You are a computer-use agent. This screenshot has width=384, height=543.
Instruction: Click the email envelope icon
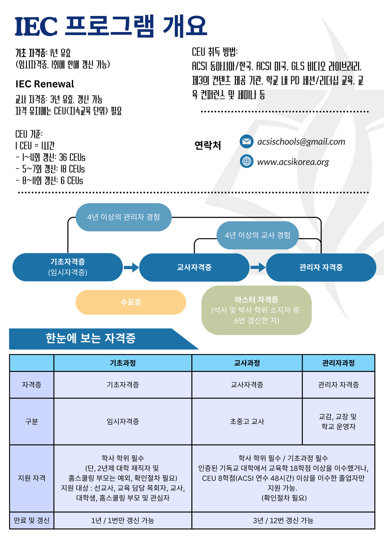(246, 141)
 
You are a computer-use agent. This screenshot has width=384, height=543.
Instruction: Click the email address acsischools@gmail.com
(301, 142)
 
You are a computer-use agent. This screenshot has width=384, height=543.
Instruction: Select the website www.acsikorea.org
(293, 162)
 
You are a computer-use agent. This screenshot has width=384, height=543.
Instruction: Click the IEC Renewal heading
(44, 84)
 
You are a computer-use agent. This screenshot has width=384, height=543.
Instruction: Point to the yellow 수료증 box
(131, 302)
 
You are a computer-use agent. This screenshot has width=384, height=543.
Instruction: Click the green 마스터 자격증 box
(256, 310)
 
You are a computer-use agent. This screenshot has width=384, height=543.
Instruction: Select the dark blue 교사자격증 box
(194, 267)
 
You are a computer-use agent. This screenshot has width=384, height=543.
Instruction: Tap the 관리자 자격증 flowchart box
(321, 267)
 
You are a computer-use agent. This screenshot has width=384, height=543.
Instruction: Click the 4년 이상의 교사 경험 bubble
(257, 235)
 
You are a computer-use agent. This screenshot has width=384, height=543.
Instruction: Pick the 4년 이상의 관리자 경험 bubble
(124, 217)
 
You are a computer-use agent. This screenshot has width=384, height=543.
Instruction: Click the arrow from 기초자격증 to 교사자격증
(131, 267)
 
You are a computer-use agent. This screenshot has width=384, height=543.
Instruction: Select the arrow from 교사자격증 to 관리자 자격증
(258, 267)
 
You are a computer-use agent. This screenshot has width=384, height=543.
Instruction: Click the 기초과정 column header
(123, 363)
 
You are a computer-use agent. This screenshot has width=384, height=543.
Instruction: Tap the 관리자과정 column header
(338, 363)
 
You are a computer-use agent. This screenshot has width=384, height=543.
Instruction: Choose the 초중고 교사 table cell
(247, 421)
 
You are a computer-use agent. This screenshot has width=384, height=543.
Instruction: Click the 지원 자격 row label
(32, 478)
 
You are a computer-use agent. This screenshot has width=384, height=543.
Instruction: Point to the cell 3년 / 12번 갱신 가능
(283, 520)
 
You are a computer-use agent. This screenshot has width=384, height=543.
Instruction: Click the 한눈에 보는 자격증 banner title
(91, 338)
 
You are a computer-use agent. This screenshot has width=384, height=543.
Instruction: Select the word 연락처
(208, 146)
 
